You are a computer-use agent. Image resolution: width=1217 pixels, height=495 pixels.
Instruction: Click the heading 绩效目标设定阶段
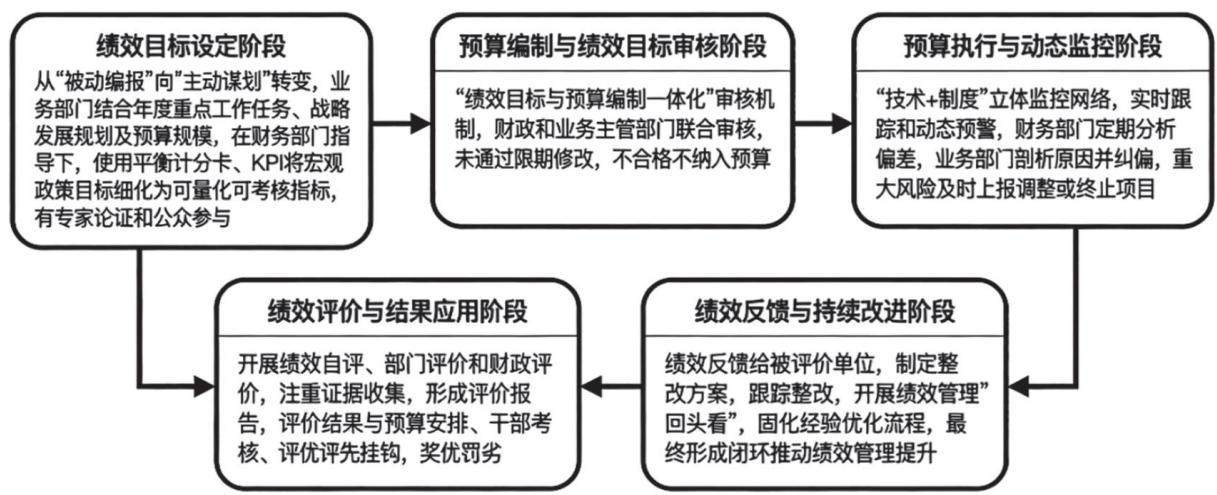point(191,46)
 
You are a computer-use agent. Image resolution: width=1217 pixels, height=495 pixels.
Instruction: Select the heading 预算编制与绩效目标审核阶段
point(613,46)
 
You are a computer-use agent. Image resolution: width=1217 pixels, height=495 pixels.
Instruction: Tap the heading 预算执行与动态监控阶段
point(1033,46)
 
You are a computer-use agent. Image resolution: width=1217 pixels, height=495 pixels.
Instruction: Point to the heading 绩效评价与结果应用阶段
point(397,311)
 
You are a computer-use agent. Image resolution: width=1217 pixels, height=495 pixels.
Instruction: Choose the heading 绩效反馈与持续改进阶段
point(825,311)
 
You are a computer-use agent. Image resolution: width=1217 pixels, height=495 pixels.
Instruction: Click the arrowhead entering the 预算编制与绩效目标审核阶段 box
point(421,124)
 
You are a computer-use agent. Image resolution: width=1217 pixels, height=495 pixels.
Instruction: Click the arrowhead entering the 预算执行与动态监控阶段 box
point(842,124)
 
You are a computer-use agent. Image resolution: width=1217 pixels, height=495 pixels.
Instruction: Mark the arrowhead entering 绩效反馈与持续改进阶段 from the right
point(1019,387)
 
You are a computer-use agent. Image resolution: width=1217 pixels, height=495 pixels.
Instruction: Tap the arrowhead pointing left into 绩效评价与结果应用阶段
point(592,387)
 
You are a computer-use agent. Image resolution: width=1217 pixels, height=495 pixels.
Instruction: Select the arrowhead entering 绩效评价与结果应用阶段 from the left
point(205,387)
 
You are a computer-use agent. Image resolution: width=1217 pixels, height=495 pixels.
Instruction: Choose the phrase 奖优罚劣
point(460,453)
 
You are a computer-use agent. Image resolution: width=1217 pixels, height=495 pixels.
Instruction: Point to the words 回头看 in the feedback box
point(696,424)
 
